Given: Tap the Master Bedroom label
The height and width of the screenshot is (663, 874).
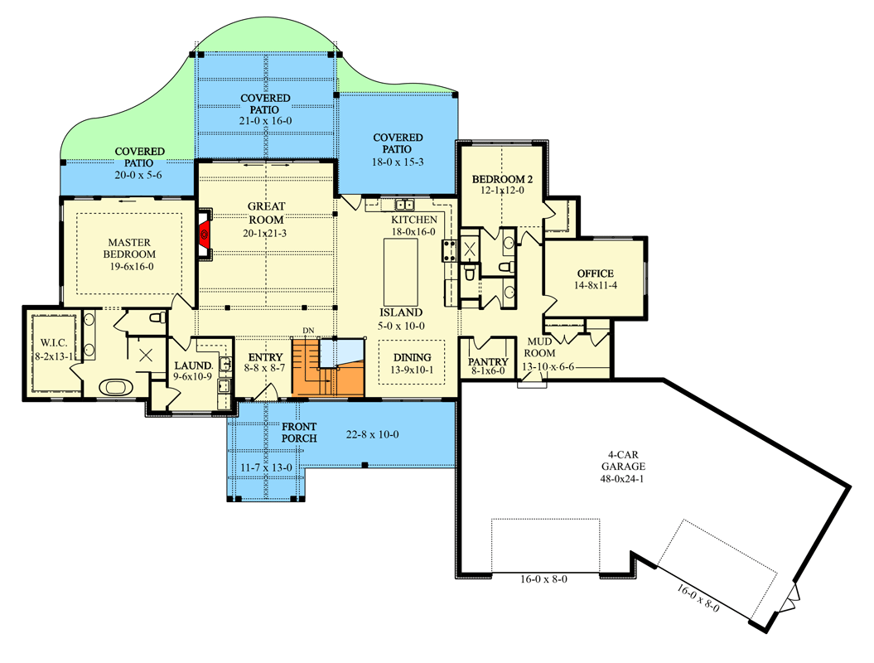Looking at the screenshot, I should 129,248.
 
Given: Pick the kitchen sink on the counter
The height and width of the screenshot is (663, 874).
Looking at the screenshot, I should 404,205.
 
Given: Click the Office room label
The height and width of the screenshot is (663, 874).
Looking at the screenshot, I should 595,273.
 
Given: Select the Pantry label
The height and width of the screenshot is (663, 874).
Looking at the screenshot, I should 488,362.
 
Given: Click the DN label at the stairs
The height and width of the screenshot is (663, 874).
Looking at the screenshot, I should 308,331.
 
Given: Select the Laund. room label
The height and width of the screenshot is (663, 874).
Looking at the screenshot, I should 193,365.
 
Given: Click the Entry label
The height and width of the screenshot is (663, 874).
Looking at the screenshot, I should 266,358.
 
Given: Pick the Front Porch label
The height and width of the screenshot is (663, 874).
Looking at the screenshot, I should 299,432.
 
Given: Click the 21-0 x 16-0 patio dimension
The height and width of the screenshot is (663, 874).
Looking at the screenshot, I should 265,121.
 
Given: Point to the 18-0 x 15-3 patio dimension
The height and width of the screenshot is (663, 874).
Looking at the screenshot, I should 398,161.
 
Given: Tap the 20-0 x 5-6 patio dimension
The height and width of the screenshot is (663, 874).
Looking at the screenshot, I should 138,175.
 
